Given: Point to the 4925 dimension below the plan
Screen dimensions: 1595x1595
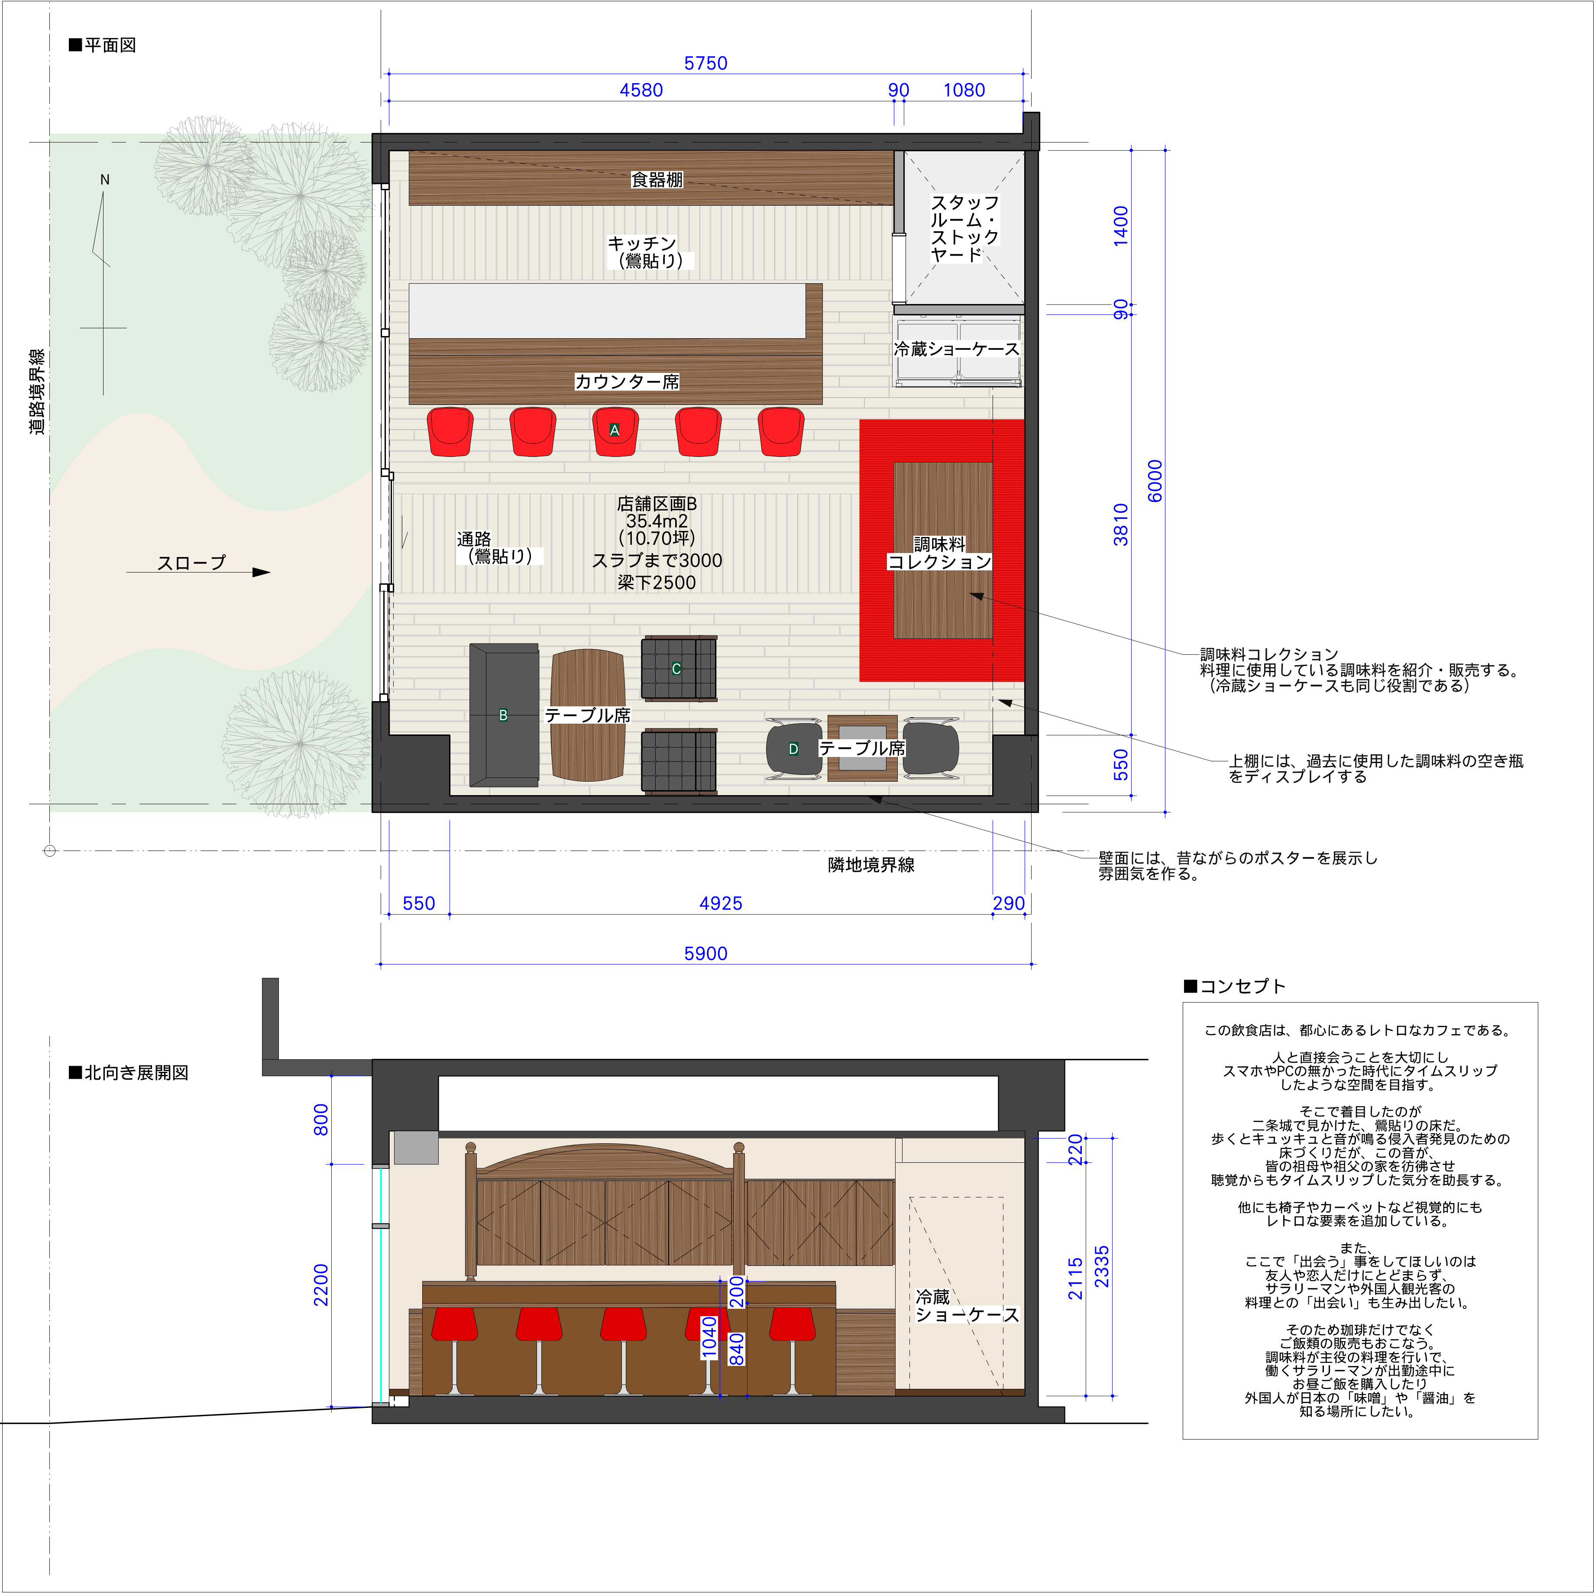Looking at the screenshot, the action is tap(721, 903).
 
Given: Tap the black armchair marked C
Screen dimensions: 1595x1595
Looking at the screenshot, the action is tap(679, 669).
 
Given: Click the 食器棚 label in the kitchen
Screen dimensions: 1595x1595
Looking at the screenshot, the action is tap(657, 179).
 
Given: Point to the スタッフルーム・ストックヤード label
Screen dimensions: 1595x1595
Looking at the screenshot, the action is tap(964, 228).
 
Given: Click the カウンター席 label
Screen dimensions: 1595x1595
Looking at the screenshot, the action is tap(627, 382).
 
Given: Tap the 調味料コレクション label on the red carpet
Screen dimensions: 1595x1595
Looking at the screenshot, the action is tap(939, 553).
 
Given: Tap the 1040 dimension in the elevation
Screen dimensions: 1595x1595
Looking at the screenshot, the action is tap(709, 1336).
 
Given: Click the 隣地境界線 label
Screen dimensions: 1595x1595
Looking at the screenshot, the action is tap(871, 864).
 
